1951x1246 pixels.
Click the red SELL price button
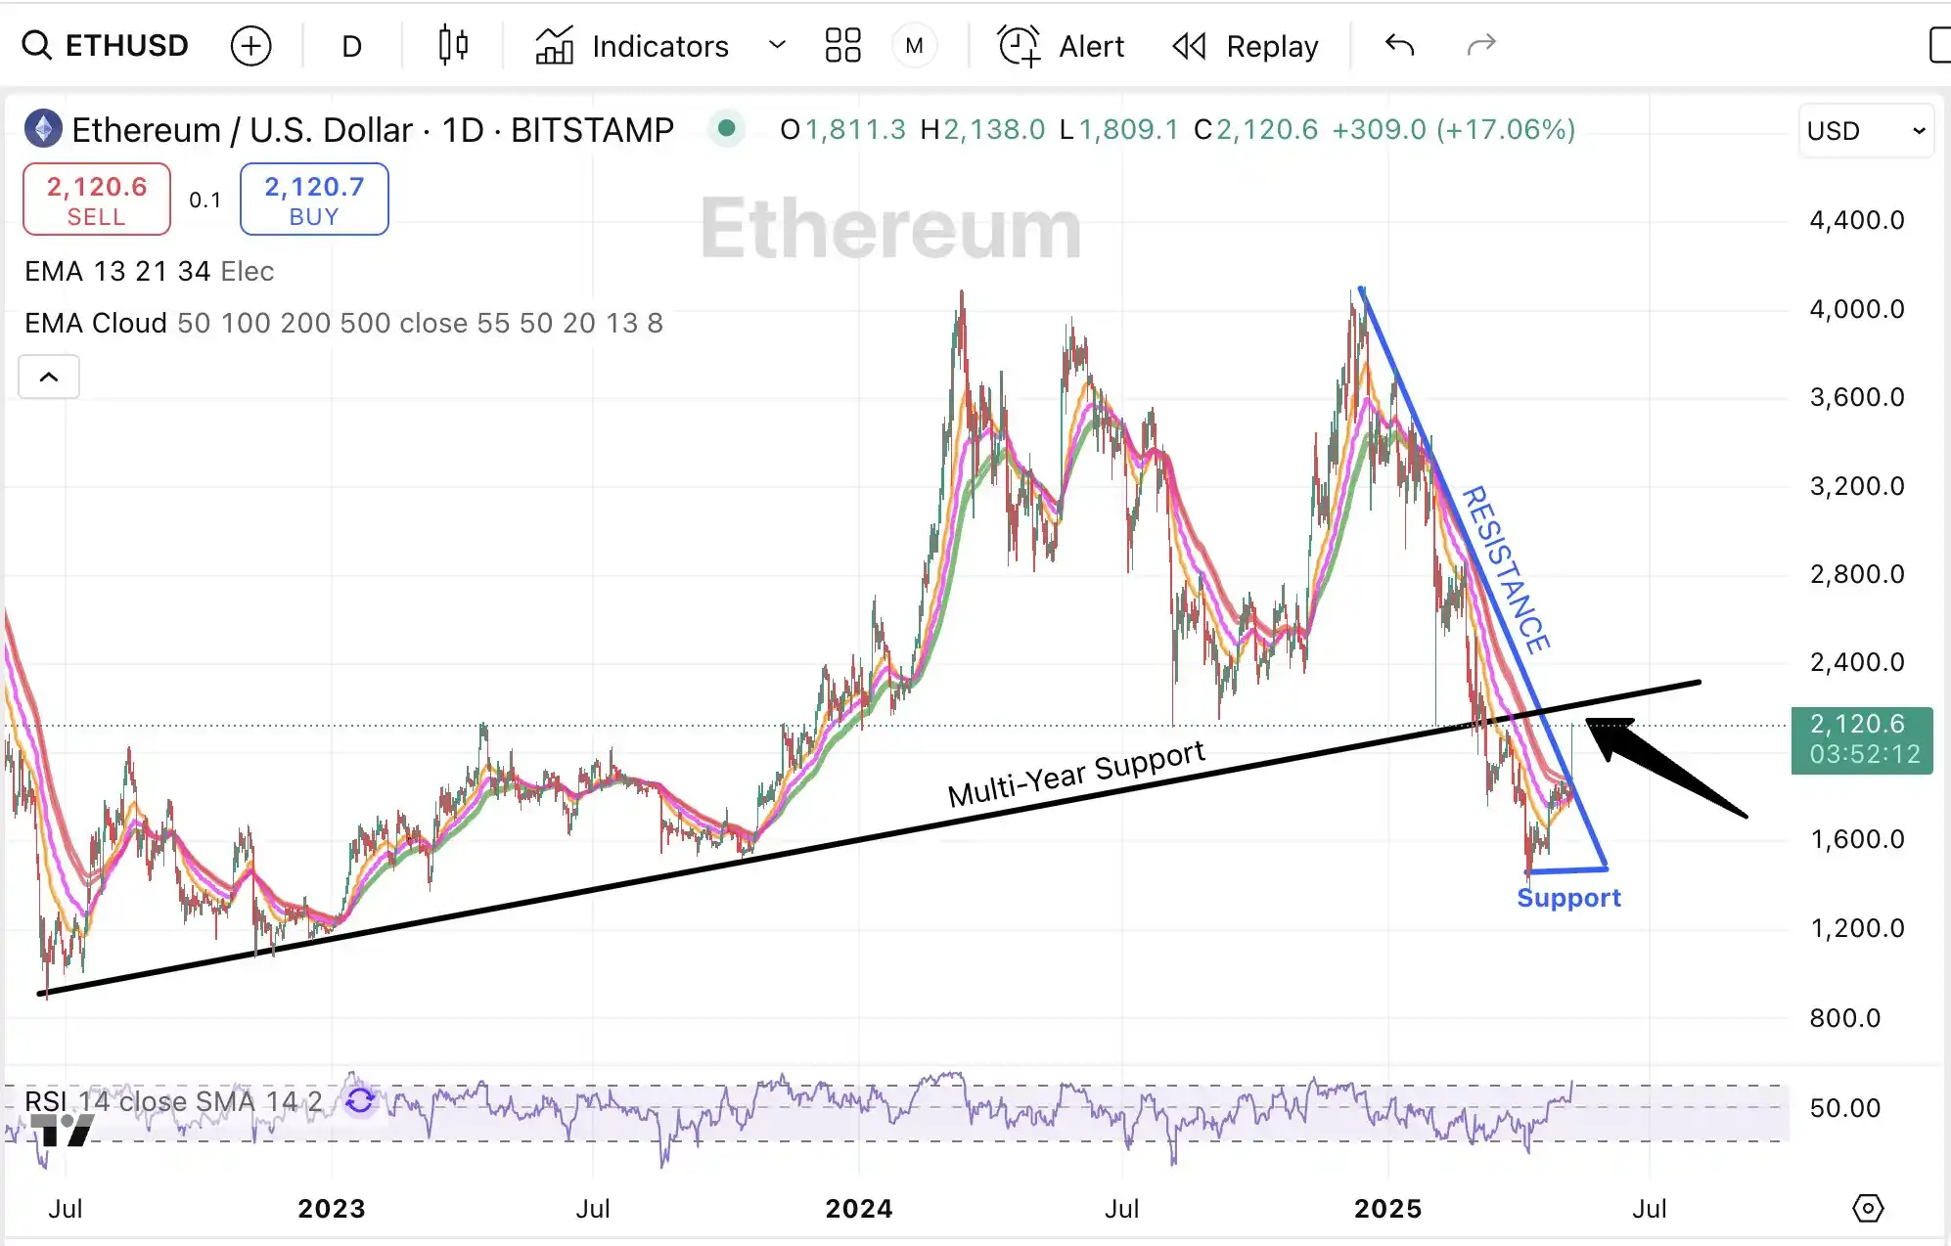tap(97, 200)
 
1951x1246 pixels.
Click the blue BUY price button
tap(314, 200)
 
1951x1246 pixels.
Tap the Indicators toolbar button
tap(633, 46)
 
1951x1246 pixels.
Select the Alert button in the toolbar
tap(1062, 46)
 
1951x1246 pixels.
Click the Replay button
tap(1246, 46)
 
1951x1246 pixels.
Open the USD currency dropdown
tap(1865, 131)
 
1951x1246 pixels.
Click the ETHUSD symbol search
tap(106, 46)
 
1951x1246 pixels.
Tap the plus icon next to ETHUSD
tap(250, 46)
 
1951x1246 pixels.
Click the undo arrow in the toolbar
tap(1399, 45)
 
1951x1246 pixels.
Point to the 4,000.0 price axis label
tap(1856, 309)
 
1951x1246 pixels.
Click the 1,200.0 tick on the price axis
tap(1856, 927)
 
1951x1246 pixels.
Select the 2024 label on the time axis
tap(858, 1209)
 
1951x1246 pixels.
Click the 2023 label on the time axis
tap(331, 1209)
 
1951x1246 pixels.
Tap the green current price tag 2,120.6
tap(1861, 739)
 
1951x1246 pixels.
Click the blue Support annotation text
tap(1568, 898)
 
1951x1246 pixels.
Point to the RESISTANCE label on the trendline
tap(1505, 569)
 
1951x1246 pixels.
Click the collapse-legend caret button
tap(49, 377)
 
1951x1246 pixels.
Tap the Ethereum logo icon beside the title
tap(43, 129)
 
